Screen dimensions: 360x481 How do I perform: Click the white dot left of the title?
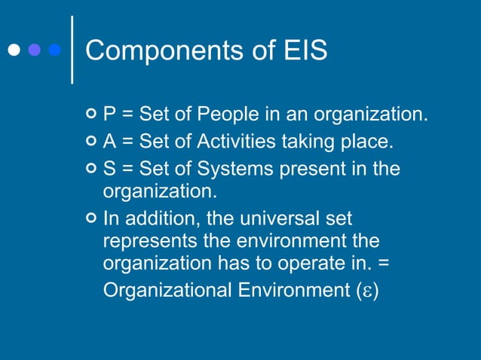pos(14,51)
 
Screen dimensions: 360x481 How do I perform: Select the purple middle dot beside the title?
pos(35,51)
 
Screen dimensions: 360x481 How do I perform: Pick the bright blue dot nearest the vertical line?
pos(54,51)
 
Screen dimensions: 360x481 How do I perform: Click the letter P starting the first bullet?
pos(109,115)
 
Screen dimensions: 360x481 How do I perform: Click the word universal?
pos(278,219)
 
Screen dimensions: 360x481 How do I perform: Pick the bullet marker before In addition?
pos(91,219)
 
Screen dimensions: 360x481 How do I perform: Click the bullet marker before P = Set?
pos(91,115)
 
